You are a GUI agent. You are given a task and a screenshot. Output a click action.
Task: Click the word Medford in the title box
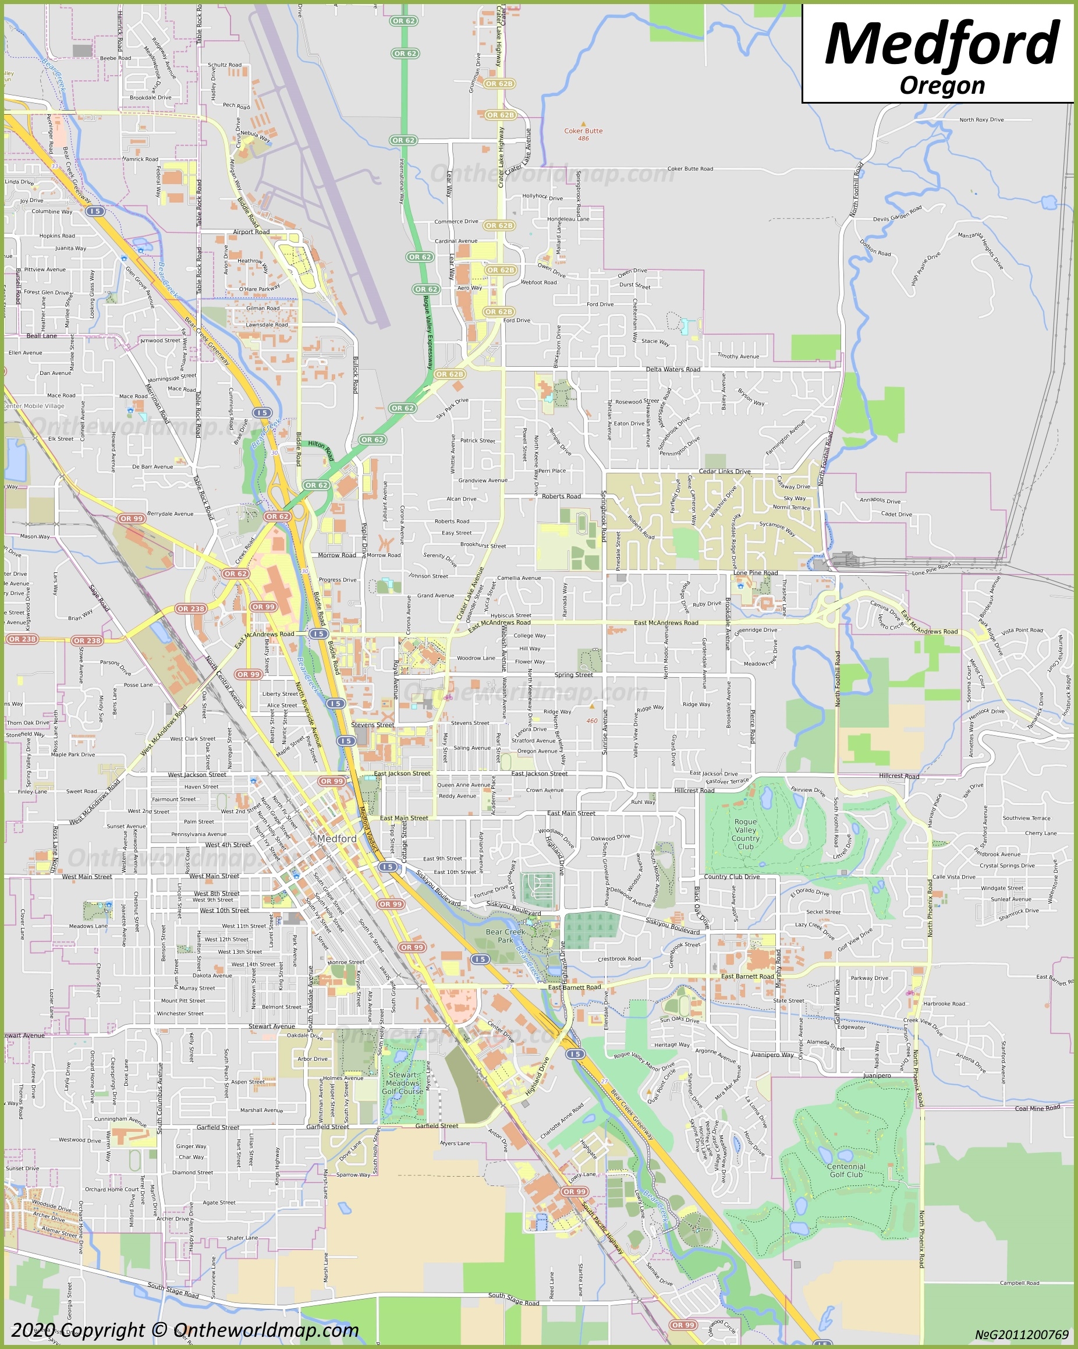pos(942,44)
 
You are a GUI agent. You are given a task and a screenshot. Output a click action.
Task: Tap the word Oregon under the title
pos(942,85)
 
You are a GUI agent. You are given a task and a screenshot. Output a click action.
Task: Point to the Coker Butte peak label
pos(583,132)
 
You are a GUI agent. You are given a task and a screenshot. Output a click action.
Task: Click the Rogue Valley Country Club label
pos(745,834)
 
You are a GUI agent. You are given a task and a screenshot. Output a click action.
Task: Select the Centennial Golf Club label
pos(846,1171)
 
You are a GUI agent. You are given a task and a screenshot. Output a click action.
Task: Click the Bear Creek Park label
pos(505,936)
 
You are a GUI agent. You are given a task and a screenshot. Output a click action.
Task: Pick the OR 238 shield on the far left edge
pos(23,639)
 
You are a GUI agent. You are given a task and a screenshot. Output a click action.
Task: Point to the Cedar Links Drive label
pos(724,471)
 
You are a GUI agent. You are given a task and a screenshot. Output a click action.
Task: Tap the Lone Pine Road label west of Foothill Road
pos(755,572)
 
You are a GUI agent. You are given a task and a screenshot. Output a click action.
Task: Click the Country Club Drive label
pos(732,877)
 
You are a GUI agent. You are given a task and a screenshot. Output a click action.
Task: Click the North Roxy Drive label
pos(981,119)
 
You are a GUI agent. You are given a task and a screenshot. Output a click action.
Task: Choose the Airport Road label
pos(251,232)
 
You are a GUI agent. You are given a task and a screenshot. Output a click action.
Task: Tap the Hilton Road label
pos(321,449)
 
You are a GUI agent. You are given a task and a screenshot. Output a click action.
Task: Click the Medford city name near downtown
pos(336,838)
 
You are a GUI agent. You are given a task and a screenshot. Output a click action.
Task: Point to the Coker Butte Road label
pos(690,169)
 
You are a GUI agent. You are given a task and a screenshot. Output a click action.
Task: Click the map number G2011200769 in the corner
pos(1021,1334)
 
